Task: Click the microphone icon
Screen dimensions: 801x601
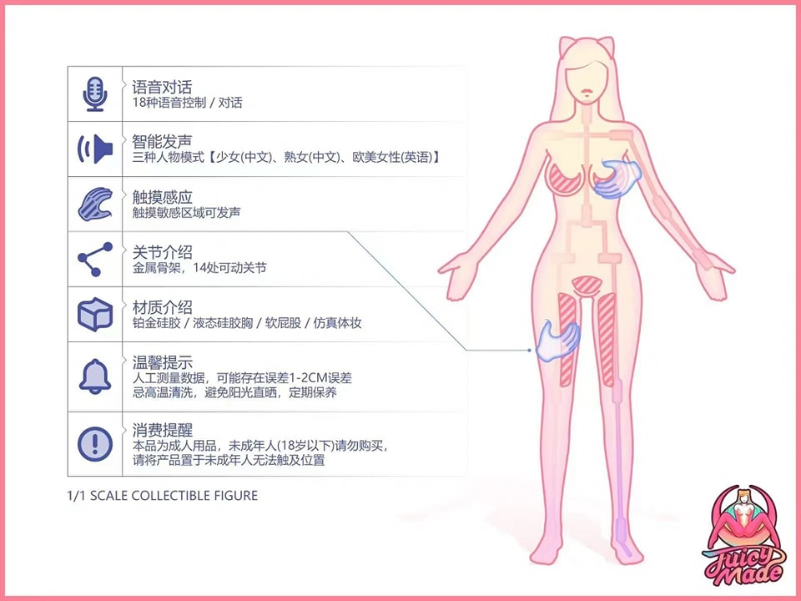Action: (95, 94)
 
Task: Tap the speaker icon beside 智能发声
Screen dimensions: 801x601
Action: (95, 149)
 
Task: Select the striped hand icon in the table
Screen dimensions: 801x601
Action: (95, 204)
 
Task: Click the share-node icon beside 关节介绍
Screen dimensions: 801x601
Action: (95, 259)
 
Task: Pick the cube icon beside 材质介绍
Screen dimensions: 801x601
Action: (95, 315)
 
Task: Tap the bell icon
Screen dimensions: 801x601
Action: (95, 376)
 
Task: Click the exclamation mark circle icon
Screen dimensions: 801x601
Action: (95, 443)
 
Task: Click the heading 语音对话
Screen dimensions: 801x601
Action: (162, 87)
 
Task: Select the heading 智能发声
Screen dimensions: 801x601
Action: (162, 142)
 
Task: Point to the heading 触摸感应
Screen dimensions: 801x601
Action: (162, 197)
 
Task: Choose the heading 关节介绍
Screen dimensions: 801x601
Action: (162, 252)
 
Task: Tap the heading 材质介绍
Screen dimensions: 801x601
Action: (162, 307)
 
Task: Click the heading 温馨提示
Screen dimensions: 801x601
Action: (162, 362)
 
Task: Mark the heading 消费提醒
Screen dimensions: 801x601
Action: (162, 430)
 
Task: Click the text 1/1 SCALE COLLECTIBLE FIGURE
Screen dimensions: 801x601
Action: (163, 496)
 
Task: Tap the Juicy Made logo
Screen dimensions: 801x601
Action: (745, 536)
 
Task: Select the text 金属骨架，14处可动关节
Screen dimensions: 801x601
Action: (199, 268)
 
